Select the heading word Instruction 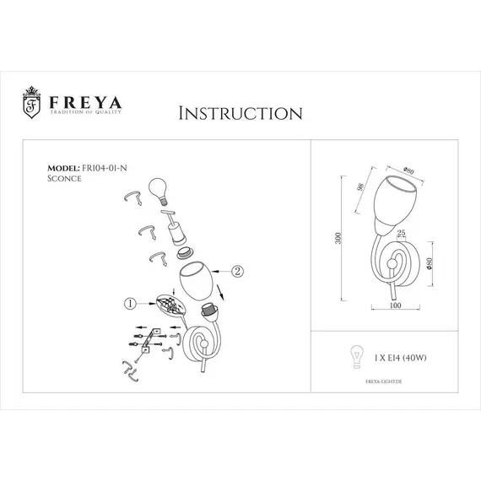(x=240, y=113)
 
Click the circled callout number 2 (x=237, y=272)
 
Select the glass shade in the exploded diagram (x=197, y=282)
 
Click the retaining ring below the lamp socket (x=182, y=251)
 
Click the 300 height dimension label (x=339, y=239)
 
